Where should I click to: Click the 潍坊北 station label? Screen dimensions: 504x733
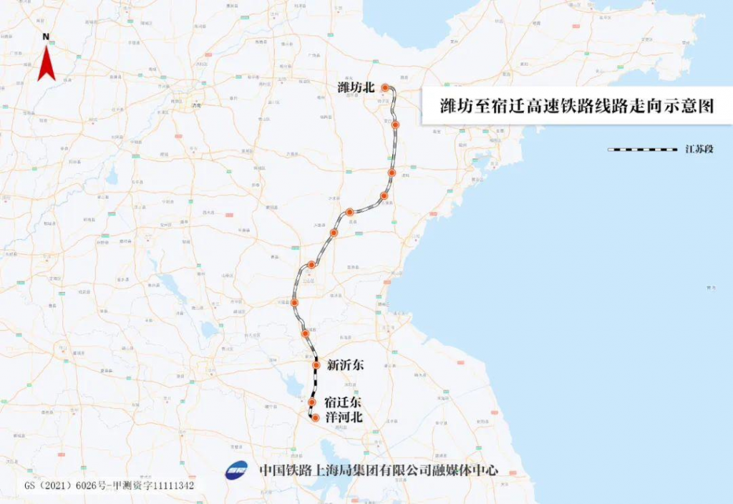pos(356,87)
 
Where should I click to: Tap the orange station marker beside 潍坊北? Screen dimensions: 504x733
pos(385,87)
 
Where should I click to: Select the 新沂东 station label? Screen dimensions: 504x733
pos(345,365)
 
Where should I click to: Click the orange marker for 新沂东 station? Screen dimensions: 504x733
pos(316,365)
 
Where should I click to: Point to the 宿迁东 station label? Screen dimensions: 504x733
pos(342,402)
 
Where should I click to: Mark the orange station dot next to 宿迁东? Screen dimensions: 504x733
pos(312,402)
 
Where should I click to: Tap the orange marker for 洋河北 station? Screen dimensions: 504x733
pos(315,417)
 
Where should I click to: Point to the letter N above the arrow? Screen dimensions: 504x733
pos(46,36)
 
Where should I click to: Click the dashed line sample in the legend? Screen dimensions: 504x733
pos(642,150)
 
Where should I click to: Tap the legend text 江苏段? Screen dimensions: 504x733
pos(699,150)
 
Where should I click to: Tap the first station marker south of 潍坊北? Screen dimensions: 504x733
pos(395,125)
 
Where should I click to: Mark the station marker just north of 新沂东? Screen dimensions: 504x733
pos(306,334)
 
